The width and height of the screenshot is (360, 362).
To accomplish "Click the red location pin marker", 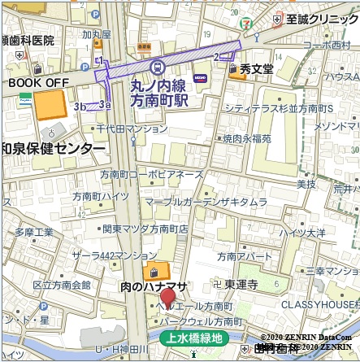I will [x=167, y=299].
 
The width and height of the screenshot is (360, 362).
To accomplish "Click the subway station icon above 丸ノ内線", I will [x=158, y=67].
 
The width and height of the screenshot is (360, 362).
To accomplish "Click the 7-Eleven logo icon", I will [x=258, y=17].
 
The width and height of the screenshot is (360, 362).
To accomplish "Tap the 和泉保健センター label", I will [x=53, y=149].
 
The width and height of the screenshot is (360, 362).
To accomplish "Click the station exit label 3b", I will [x=79, y=106].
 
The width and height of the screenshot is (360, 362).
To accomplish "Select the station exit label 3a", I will [x=103, y=104].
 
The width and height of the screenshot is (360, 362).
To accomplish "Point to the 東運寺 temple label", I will [x=241, y=285].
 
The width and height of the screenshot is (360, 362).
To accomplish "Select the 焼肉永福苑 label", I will [x=247, y=138].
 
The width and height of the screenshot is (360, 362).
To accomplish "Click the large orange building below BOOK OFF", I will [x=50, y=105].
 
